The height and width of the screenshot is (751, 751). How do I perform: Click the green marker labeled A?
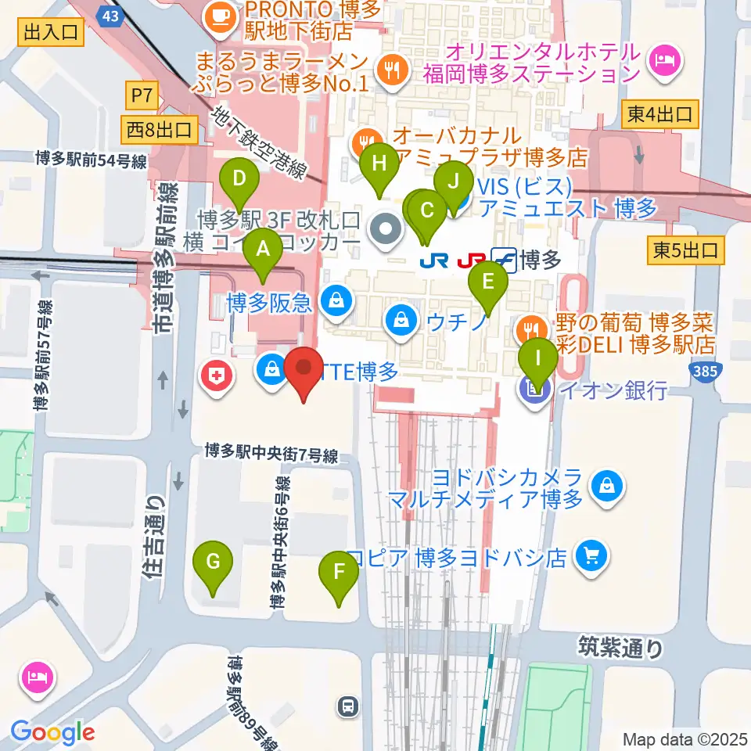(263, 250)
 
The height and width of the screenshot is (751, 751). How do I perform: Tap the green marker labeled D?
(239, 179)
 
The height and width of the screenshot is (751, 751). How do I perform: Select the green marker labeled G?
(217, 562)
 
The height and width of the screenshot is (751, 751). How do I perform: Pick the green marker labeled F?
(339, 572)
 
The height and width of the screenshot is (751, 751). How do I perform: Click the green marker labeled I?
(538, 361)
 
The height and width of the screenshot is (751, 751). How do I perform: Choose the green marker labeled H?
(379, 164)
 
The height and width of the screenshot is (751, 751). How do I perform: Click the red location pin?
(304, 368)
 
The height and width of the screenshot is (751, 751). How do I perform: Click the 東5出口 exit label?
(686, 250)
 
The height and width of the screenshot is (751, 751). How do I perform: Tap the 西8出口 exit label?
(160, 130)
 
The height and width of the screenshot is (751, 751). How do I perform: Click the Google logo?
(53, 733)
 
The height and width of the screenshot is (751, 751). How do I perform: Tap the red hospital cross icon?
(217, 376)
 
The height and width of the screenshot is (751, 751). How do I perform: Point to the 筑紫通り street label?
(621, 648)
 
